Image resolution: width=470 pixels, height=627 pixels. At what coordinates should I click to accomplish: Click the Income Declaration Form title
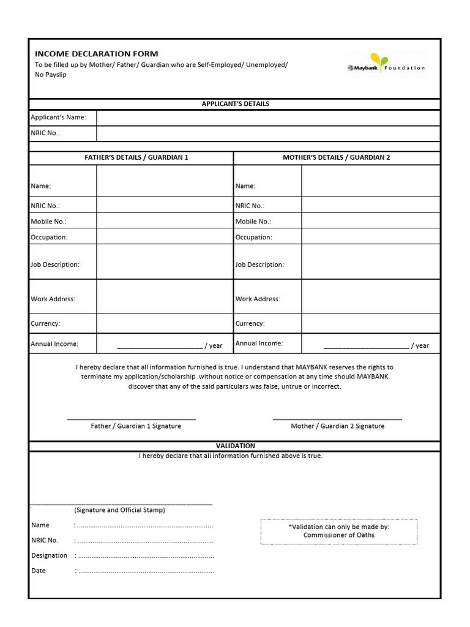coord(96,54)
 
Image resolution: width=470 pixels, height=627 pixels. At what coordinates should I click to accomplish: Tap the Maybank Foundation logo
coord(385,64)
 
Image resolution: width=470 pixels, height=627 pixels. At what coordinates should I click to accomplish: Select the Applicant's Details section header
coord(235,104)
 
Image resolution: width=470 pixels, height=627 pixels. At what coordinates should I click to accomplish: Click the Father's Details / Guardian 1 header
coord(136,157)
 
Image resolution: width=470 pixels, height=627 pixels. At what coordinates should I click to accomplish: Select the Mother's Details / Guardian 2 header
coord(336,157)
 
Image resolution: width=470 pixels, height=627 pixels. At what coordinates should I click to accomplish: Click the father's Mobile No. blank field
coord(164,221)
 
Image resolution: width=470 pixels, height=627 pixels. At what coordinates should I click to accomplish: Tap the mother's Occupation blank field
coord(370,236)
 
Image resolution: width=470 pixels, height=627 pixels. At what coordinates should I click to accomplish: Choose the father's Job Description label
coord(55,265)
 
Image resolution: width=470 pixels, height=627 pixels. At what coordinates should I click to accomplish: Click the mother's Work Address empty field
coord(370,297)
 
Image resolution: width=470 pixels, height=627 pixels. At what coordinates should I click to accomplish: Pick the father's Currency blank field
coord(164,323)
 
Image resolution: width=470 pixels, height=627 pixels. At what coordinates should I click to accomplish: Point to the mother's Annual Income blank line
coord(366,345)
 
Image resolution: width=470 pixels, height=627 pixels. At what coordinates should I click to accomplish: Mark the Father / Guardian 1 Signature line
coord(131,418)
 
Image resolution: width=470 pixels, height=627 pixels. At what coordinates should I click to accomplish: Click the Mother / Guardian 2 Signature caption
coord(337,426)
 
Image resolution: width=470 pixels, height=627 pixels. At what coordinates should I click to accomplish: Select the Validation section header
coord(235,446)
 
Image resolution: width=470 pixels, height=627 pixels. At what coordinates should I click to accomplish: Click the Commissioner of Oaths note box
coord(338,531)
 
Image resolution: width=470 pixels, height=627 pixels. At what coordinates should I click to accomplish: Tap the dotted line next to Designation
coord(146,556)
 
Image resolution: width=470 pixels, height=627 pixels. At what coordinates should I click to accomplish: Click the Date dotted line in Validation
coord(146,571)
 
